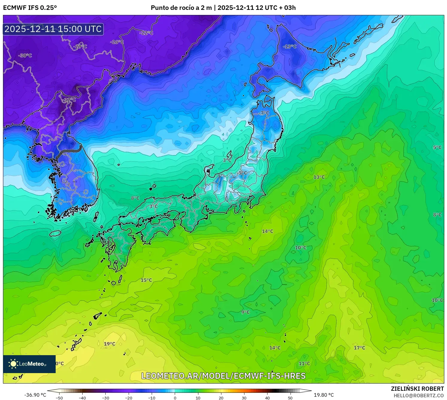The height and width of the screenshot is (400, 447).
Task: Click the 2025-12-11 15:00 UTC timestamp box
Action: click(53, 29)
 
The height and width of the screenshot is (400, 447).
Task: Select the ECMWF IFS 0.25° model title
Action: click(30, 8)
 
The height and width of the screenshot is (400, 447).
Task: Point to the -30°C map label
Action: click(25, 56)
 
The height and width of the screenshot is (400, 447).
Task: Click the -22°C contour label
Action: click(146, 33)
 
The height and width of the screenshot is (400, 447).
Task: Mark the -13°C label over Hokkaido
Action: click(290, 47)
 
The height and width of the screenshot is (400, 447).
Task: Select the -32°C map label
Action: click(69, 100)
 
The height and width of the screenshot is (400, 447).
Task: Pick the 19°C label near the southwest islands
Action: click(110, 344)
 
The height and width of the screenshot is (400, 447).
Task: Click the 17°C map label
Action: click(359, 348)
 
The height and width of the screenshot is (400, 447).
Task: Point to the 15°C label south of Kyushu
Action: click(146, 280)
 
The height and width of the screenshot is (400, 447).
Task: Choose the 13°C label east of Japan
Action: click(319, 177)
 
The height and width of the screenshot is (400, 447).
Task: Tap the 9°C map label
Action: click(245, 312)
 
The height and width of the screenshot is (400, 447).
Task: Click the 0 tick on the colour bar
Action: click(175, 398)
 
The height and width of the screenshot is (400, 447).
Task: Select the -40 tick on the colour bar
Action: click(82, 398)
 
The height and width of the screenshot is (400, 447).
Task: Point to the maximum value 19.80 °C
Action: click(324, 395)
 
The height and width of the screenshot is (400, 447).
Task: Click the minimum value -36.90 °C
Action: click(35, 395)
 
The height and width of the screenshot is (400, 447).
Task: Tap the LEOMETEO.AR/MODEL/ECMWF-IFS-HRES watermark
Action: click(223, 376)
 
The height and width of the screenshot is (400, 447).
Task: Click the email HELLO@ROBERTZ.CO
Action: click(419, 396)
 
